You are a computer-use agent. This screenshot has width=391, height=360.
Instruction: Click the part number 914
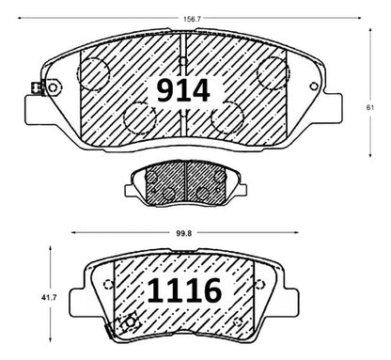pyautogui.click(x=183, y=91)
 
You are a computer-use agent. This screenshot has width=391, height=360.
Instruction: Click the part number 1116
pyautogui.click(x=184, y=290)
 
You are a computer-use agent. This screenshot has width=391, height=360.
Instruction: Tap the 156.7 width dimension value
pyautogui.click(x=192, y=19)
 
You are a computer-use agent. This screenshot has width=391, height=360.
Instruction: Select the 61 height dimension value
pyautogui.click(x=370, y=107)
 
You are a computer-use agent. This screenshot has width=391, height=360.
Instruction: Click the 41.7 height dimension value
pyautogui.click(x=49, y=298)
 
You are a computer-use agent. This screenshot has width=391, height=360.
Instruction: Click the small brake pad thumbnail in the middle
pyautogui.click(x=186, y=182)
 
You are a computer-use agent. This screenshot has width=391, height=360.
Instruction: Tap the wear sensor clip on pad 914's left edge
pyautogui.click(x=36, y=87)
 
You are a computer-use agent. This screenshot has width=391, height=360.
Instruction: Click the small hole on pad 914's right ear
pyautogui.click(x=314, y=86)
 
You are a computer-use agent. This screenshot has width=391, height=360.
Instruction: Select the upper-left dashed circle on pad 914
pyautogui.click(x=93, y=74)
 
